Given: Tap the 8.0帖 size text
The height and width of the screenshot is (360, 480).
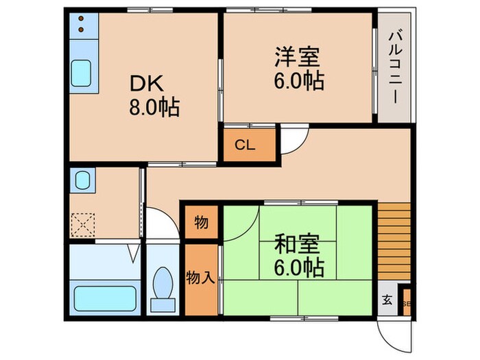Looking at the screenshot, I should (154, 108).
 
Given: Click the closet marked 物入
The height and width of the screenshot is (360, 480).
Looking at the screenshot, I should (201, 278).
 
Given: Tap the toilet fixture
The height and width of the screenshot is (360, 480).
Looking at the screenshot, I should (165, 282).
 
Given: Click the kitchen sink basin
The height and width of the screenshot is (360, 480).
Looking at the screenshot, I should (84, 71).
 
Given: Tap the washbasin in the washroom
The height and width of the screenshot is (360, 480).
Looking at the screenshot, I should (84, 180).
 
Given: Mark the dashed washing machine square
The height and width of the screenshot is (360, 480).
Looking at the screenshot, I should (84, 223).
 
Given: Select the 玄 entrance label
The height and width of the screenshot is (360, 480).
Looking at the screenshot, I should (387, 300).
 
